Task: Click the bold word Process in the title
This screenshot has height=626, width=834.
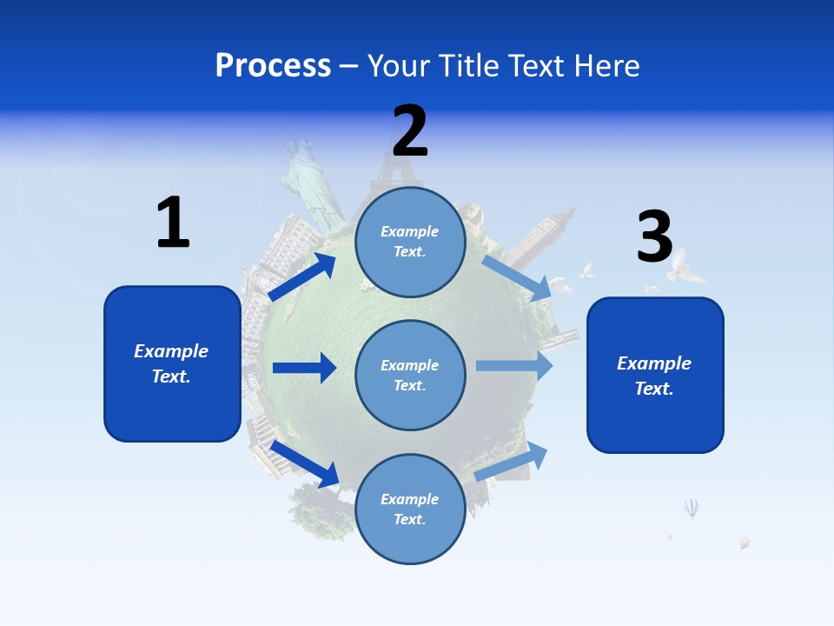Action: click(273, 65)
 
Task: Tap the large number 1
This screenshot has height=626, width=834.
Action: click(173, 223)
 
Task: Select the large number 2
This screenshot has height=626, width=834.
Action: click(410, 130)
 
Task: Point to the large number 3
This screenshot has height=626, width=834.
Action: click(655, 236)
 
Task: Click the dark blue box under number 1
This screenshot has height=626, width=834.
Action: click(172, 363)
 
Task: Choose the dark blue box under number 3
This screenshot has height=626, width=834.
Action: click(655, 376)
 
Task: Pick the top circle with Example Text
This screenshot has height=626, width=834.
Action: click(410, 242)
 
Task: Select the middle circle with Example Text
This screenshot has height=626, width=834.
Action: click(410, 376)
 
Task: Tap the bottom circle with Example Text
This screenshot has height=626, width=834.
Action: click(410, 509)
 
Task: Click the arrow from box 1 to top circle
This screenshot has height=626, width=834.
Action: click(302, 276)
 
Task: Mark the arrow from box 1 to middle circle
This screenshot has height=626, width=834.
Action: click(304, 368)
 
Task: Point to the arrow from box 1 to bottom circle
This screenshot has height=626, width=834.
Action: click(304, 463)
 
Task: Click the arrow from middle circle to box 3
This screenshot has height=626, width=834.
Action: click(514, 365)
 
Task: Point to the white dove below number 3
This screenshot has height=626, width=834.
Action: click(683, 266)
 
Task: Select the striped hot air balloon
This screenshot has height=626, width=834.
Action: click(691, 507)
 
